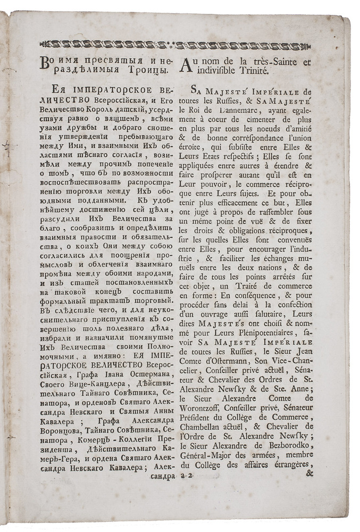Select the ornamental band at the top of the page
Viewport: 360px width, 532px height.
pyautogui.click(x=179, y=45)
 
